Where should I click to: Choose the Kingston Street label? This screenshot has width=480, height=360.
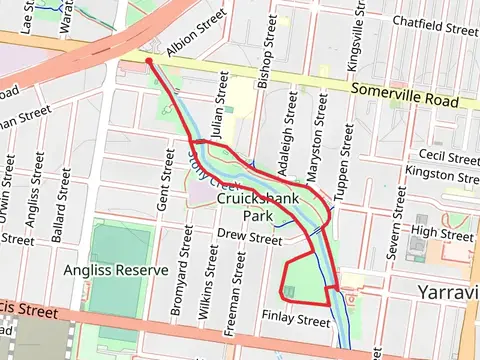(442, 174)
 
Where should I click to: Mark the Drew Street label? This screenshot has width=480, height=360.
(249, 238)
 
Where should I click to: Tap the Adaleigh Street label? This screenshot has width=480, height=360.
(292, 128)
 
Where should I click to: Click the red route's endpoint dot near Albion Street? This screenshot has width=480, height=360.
(149, 61)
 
